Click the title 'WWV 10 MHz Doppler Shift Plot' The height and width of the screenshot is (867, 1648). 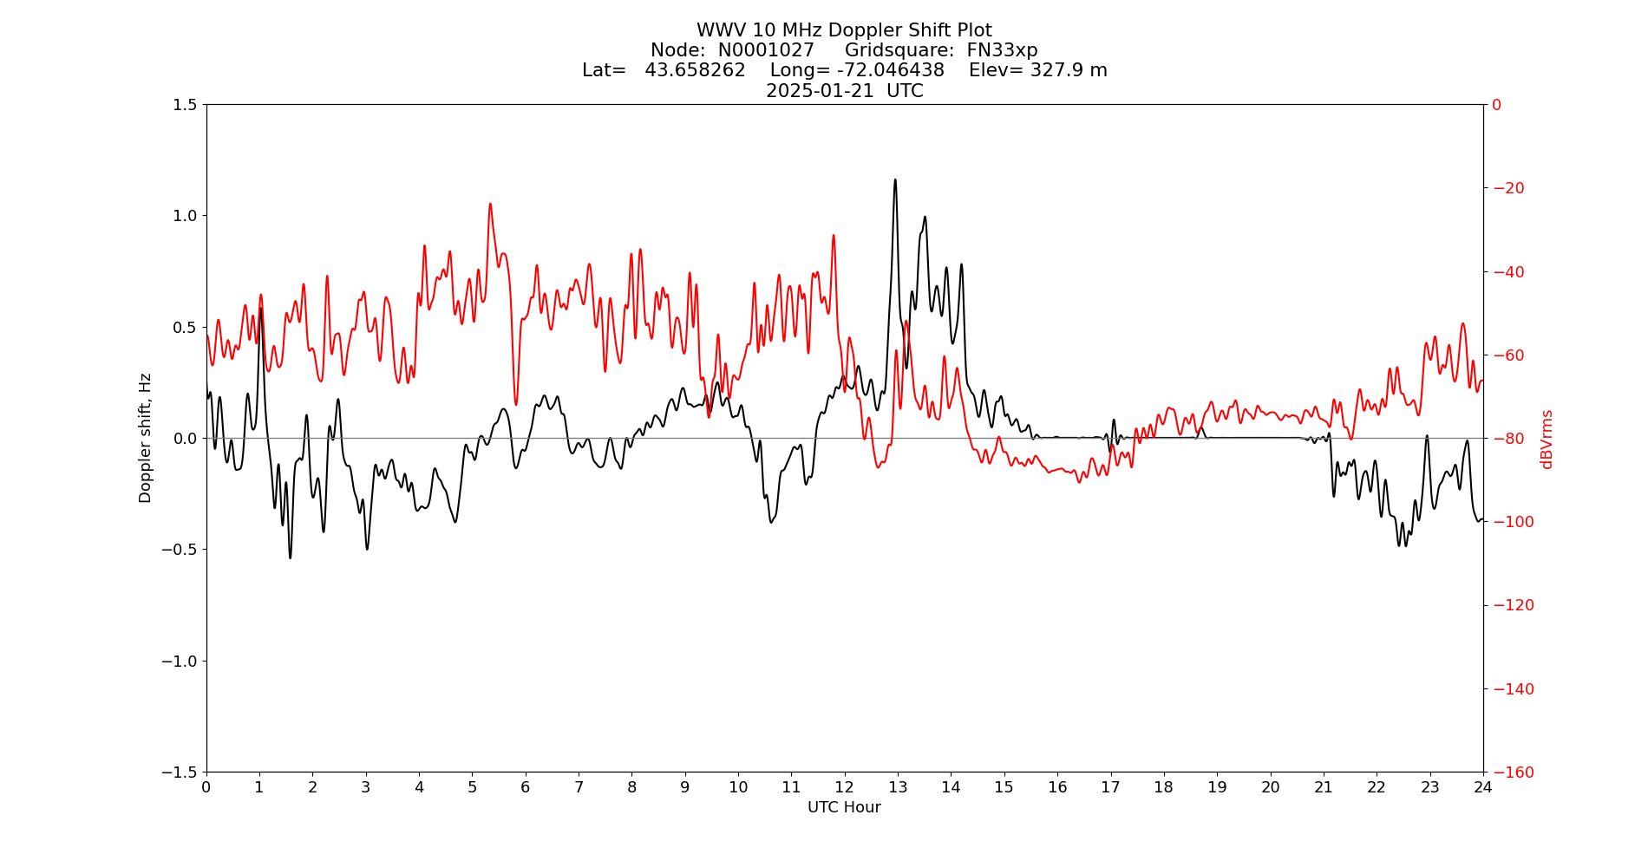tap(844, 31)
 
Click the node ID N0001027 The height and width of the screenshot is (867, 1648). tap(766, 50)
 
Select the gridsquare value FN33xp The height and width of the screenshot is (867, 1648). tap(1002, 50)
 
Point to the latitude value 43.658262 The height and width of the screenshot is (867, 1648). tap(695, 70)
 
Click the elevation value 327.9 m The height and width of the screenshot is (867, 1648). tap(1068, 70)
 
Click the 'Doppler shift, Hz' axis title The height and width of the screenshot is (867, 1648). tap(146, 438)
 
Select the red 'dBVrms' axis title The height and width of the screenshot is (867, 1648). tap(1546, 439)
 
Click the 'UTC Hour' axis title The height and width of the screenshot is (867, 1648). tap(844, 807)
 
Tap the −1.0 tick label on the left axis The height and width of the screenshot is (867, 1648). tap(180, 661)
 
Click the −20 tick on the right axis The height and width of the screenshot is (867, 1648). tap(1507, 188)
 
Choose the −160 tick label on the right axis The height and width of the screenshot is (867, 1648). tap(1513, 772)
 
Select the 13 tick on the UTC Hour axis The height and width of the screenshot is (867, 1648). tap(898, 787)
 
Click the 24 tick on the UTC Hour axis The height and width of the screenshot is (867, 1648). tap(1483, 787)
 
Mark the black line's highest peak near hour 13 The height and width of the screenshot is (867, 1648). tap(895, 179)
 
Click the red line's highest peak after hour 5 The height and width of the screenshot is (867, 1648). tap(490, 204)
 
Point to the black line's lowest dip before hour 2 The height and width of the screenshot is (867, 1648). tap(290, 557)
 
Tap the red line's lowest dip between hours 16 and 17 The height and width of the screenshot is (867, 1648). tap(1080, 482)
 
